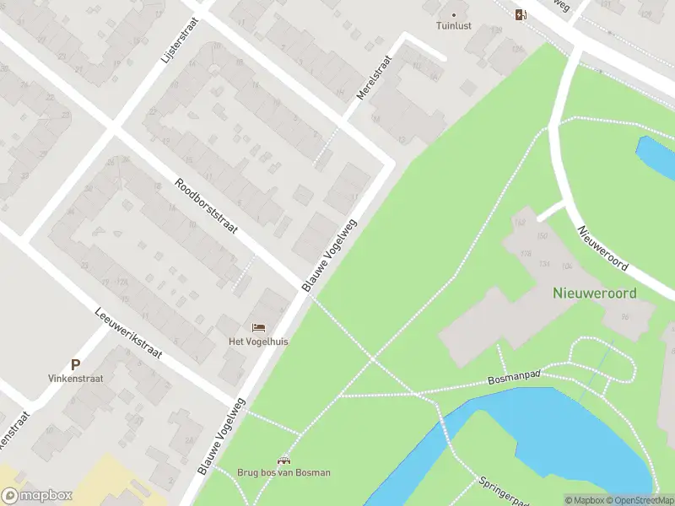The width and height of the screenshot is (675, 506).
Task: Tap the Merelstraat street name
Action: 375,78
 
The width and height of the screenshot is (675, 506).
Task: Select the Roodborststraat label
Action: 207,206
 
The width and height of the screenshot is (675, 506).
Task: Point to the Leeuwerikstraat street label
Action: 129,331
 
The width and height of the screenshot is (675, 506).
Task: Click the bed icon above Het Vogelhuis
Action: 259,327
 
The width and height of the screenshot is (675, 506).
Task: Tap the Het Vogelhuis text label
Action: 259,342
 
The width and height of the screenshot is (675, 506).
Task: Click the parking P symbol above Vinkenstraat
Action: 75,365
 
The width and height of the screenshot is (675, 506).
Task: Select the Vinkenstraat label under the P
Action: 75,379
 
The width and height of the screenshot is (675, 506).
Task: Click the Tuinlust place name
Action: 454,26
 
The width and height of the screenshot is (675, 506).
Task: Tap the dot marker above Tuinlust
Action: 454,14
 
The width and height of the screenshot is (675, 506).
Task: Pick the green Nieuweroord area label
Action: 595,293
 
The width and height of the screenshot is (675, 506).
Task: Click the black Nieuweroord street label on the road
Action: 602,248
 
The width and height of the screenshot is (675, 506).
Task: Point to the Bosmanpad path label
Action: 514,379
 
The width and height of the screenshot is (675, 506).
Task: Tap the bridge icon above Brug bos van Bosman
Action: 283,460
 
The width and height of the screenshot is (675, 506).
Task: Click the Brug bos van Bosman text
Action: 283,473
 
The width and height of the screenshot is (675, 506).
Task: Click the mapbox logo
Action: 37,496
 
